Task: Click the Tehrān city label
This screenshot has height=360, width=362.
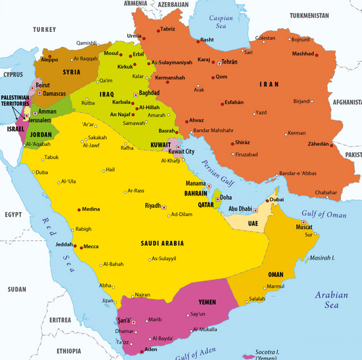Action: click(230, 62)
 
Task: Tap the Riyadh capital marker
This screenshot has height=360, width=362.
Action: click(164, 206)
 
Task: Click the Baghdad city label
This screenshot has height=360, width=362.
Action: click(149, 92)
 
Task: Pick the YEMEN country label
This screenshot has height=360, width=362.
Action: click(208, 302)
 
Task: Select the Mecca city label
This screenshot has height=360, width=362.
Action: click(92, 247)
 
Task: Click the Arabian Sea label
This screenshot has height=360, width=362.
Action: click(331, 300)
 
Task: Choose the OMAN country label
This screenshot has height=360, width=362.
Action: click(276, 274)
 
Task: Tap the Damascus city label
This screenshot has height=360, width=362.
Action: click(50, 92)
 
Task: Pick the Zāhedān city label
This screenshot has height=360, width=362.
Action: click(320, 144)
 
